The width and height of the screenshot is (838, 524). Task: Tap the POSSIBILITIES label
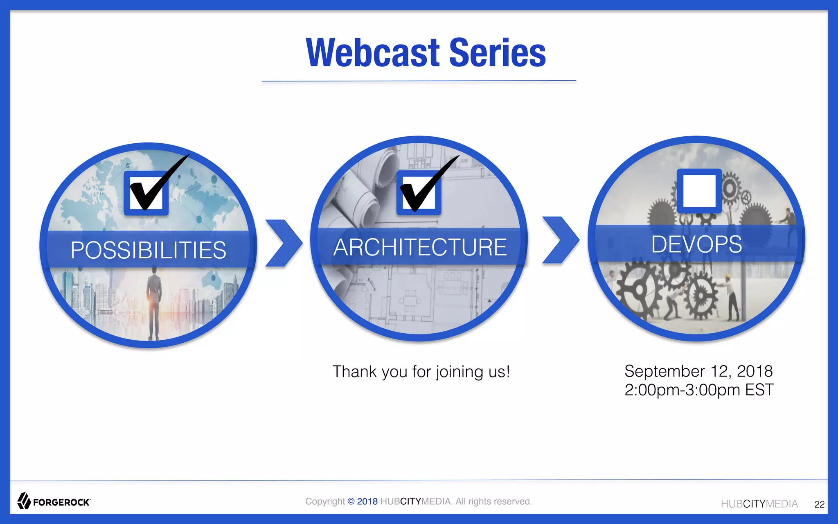tap(148, 250)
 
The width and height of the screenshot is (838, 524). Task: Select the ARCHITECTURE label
tap(420, 247)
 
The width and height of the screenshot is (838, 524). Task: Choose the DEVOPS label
tap(696, 244)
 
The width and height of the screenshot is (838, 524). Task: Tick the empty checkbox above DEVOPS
tap(699, 191)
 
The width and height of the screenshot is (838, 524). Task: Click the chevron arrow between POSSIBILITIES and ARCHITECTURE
tap(283, 244)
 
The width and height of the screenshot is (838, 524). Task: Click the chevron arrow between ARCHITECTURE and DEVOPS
tap(561, 240)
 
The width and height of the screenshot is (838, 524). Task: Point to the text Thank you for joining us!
tap(421, 372)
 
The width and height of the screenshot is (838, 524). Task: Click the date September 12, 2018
tap(698, 371)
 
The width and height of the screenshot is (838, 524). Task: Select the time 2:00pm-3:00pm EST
tap(698, 390)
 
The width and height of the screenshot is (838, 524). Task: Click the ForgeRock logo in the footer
tap(54, 501)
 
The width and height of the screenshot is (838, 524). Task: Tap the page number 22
tap(819, 504)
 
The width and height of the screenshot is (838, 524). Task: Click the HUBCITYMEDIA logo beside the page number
tap(759, 504)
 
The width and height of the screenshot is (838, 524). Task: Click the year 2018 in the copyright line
tap(367, 501)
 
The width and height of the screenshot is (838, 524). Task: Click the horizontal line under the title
tap(419, 81)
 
